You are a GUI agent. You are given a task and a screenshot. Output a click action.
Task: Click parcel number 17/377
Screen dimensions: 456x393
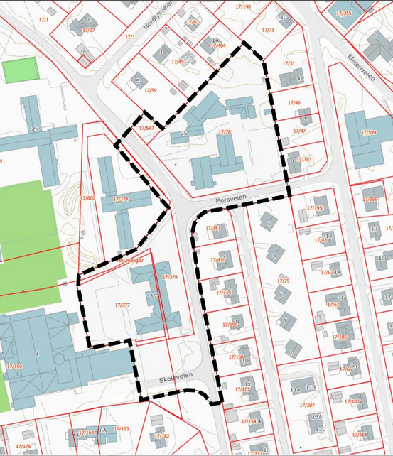click(123, 305)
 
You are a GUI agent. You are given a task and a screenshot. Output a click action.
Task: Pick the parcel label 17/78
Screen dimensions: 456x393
click(225, 132)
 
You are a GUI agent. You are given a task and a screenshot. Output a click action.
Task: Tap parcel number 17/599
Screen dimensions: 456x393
click(369, 132)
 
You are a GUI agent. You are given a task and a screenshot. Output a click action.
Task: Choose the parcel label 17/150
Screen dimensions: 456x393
click(14, 366)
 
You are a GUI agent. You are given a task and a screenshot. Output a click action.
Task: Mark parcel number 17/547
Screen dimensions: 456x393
click(145, 128)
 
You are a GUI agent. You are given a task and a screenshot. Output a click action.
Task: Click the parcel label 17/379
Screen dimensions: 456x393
click(170, 276)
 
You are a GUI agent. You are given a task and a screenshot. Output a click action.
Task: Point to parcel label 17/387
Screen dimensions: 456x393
click(308, 405)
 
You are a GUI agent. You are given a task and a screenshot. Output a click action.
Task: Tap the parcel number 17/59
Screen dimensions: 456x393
click(150, 90)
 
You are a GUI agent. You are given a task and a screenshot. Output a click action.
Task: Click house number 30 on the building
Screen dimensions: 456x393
click(152, 295)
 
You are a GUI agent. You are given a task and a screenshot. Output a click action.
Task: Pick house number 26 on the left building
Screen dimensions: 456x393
click(34, 129)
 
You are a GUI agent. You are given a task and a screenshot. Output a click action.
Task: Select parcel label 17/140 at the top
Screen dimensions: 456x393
click(242, 6)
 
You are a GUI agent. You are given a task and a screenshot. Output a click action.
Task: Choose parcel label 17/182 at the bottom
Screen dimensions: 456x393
click(162, 435)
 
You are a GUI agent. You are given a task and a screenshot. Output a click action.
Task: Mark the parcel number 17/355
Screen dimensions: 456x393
click(344, 13)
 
